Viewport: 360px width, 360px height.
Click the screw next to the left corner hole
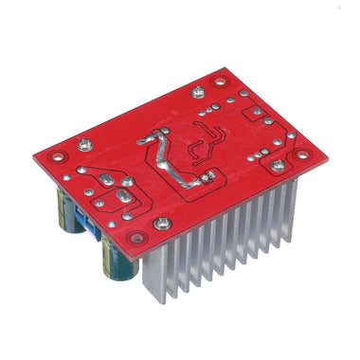84,144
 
